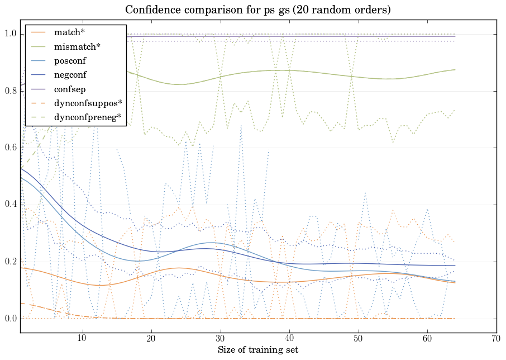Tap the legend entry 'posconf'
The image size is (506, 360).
tap(70, 60)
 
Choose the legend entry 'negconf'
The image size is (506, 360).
tap(70, 74)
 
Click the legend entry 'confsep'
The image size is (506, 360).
tap(69, 89)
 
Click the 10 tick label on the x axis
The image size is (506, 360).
tap(82, 339)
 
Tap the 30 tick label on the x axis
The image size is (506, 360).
tap(221, 339)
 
